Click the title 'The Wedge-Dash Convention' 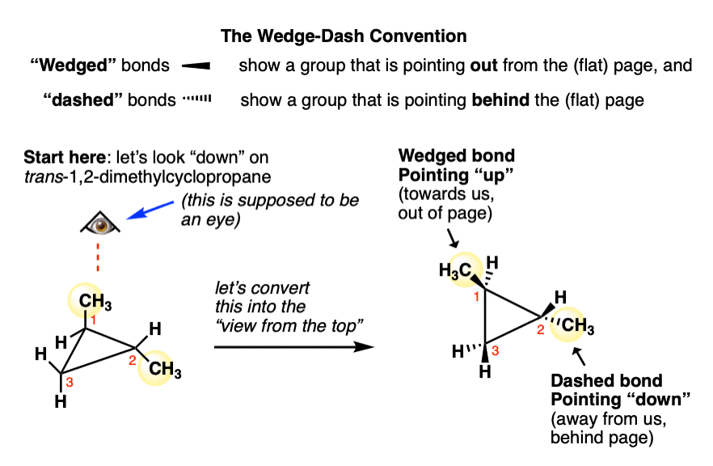[x=344, y=37]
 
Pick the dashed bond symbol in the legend [x=196, y=100]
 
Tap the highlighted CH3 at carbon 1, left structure [x=95, y=305]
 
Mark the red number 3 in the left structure [x=70, y=381]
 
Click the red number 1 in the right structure [x=477, y=296]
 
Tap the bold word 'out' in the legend [x=485, y=66]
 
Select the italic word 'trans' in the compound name [x=41, y=174]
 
